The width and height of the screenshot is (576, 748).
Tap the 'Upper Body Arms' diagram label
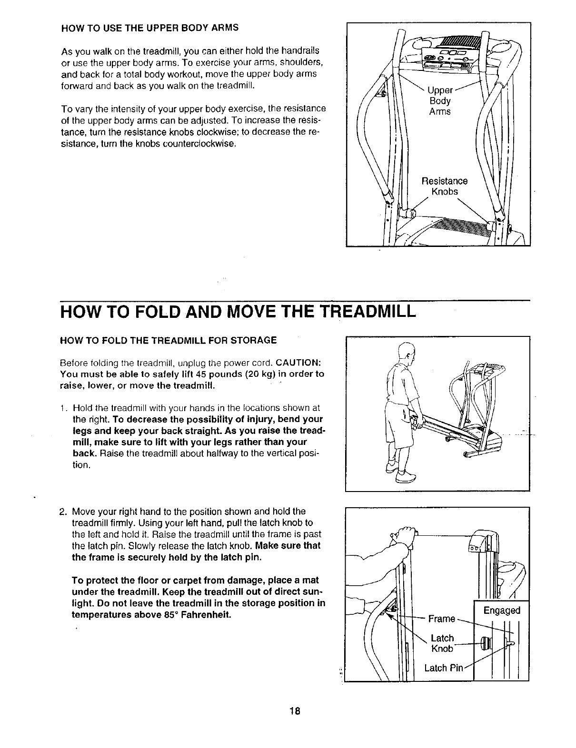tap(439, 101)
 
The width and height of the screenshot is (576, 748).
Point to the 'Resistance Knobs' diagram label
tap(445, 186)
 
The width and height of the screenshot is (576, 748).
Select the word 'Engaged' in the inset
tap(502, 610)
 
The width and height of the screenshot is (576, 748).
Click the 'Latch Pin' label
tap(443, 668)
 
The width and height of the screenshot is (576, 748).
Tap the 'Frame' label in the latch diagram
tap(442, 619)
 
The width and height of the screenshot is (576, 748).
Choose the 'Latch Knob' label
tap(442, 643)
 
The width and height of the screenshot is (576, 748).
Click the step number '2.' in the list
tap(65, 512)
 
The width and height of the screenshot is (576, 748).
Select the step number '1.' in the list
tap(65, 408)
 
